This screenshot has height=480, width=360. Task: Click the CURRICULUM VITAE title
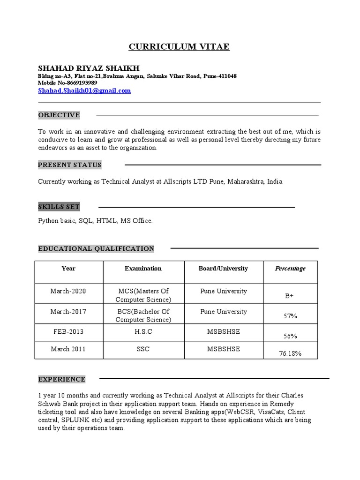click(180, 47)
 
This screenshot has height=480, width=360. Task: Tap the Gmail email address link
click(84, 90)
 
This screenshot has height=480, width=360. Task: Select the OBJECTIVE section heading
click(59, 115)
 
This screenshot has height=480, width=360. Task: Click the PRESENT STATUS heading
click(70, 165)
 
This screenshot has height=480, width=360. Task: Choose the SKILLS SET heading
click(59, 207)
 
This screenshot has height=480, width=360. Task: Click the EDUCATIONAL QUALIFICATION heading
click(96, 248)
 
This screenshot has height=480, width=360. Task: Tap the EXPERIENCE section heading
click(62, 379)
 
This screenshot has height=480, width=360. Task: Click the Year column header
click(68, 269)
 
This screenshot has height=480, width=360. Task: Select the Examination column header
click(143, 269)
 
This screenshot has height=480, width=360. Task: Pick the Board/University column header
click(223, 269)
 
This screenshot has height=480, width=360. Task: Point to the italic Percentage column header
click(290, 269)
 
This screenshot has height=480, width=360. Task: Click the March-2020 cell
click(68, 291)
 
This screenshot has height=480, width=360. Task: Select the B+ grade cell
click(290, 296)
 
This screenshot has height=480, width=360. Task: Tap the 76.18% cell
click(290, 353)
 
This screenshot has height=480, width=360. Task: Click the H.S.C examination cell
click(143, 331)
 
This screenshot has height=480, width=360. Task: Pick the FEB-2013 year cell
click(68, 331)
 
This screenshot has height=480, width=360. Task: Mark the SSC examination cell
click(143, 349)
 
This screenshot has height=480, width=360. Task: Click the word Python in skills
click(47, 220)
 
